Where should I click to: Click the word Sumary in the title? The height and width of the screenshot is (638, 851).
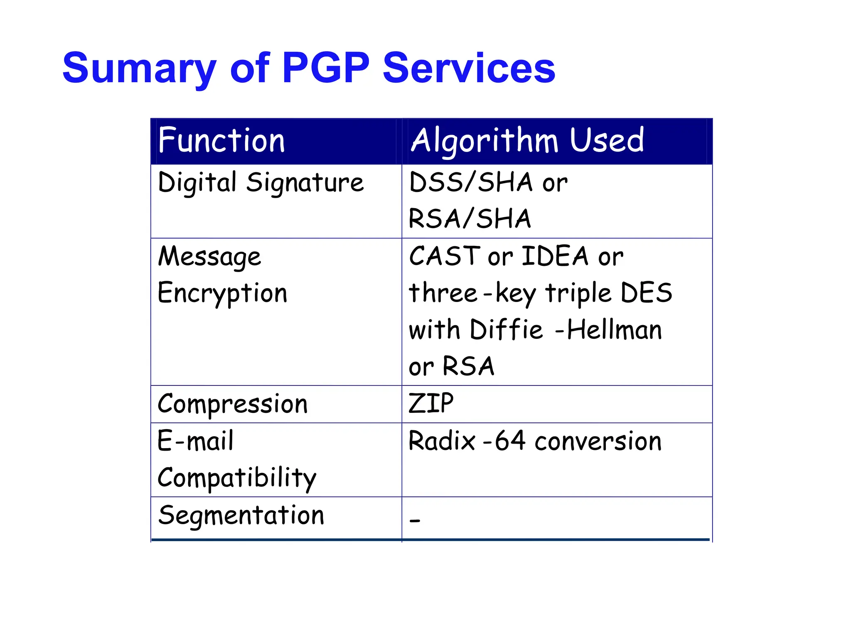tap(139, 69)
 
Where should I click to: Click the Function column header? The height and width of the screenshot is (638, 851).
tap(221, 141)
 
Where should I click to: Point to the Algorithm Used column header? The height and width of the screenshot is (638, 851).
tap(527, 141)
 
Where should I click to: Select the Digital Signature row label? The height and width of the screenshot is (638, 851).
tap(261, 183)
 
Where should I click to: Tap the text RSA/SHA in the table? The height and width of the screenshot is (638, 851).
tap(470, 219)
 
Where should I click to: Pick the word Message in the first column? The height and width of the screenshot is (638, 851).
tap(209, 257)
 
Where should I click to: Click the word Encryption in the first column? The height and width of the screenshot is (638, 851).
tap(222, 293)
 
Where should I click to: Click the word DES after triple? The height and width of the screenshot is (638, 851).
tap(646, 292)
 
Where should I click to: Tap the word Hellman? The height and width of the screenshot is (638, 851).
tap(614, 330)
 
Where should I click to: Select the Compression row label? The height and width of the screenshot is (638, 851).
tap(233, 404)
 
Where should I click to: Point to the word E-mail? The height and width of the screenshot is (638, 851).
tap(195, 441)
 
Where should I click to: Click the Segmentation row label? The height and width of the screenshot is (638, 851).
tap(241, 515)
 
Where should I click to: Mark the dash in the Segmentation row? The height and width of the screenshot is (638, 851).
tap(415, 520)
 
